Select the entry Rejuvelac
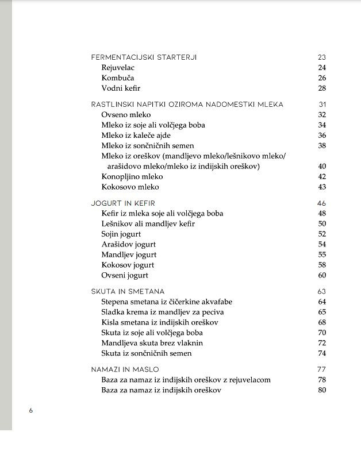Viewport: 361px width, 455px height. (118, 68)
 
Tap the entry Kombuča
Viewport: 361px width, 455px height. (118, 78)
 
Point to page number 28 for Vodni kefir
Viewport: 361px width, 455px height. (322, 88)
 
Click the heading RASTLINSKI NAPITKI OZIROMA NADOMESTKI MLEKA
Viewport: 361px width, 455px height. (187, 105)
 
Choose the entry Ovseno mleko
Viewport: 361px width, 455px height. (126, 115)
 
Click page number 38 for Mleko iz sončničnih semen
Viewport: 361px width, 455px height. (322, 146)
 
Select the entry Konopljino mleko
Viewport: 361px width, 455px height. (132, 177)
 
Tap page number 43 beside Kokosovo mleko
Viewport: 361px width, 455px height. (322, 187)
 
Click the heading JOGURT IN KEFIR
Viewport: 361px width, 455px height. (123, 203)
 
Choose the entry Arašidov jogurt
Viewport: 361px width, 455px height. (129, 245)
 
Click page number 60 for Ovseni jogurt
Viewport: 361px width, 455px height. (322, 276)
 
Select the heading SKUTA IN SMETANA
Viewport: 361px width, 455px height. (128, 291)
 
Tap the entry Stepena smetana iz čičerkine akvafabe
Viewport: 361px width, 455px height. (167, 302)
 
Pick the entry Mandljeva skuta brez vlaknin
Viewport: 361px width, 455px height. (152, 343)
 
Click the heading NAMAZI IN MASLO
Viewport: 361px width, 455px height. (125, 369)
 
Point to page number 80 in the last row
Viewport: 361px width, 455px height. (322, 390)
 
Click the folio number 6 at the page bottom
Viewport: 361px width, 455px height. (31, 411)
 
